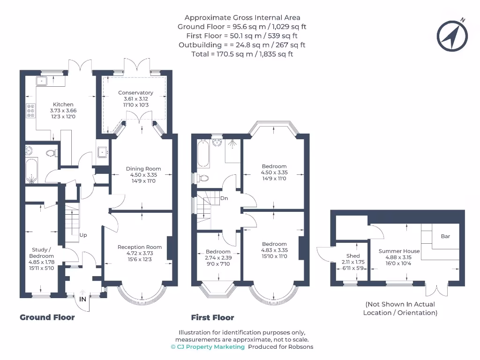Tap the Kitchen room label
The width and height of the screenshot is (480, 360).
click(x=63, y=105)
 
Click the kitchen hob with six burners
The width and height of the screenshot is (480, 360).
click(x=30, y=111)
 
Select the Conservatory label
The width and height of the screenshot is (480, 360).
click(x=135, y=92)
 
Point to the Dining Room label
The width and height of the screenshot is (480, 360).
click(x=143, y=169)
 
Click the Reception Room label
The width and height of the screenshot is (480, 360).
click(x=140, y=247)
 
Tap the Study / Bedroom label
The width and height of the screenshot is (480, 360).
click(x=41, y=253)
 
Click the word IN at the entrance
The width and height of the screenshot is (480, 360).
click(x=82, y=299)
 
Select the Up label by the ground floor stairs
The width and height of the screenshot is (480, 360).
click(x=83, y=235)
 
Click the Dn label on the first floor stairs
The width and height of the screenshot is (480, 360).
click(x=224, y=198)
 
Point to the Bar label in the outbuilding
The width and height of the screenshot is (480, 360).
click(x=445, y=236)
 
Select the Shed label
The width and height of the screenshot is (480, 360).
click(x=353, y=256)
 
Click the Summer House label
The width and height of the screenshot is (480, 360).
click(x=399, y=251)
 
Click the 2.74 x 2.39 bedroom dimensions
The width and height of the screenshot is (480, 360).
click(x=218, y=258)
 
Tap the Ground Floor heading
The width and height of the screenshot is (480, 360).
click(x=47, y=317)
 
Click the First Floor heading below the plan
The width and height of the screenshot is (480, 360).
click(x=212, y=317)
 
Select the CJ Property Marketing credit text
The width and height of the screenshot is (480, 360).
click(x=208, y=347)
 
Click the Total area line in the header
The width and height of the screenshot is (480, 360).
click(x=242, y=54)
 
